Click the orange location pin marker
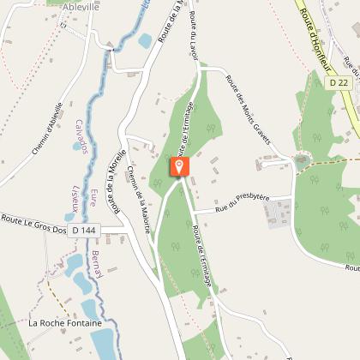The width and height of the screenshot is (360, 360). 180,165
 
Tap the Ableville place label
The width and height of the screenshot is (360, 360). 81,7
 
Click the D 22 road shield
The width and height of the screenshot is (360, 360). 337,83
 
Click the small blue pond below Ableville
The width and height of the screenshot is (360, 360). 145,39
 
